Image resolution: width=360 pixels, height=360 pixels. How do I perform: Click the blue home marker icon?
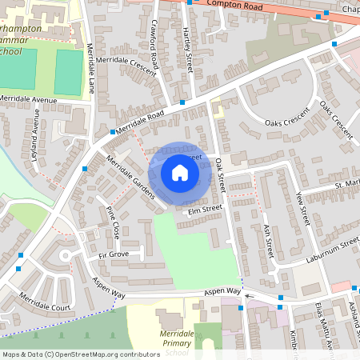(180, 172)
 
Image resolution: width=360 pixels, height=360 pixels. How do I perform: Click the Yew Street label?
(302, 208)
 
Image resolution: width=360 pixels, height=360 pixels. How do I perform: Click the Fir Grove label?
(113, 254)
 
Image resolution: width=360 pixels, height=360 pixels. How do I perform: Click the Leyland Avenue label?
(35, 139)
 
